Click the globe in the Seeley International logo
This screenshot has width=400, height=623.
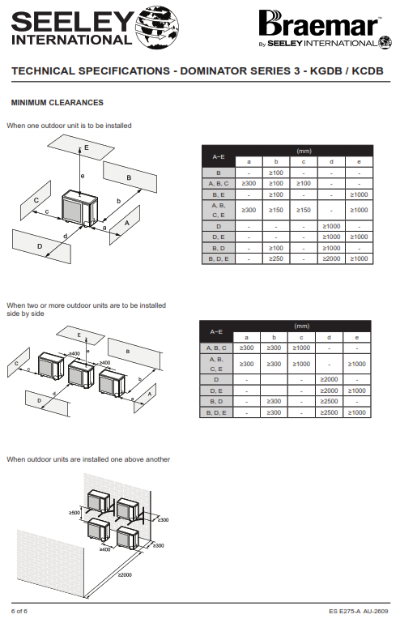[157, 28]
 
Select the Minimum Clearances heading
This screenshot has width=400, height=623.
[57, 103]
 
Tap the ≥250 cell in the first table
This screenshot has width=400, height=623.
[276, 258]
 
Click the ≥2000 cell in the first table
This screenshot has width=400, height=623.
[331, 258]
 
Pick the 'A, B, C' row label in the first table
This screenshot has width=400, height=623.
[219, 184]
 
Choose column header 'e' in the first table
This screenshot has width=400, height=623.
[359, 162]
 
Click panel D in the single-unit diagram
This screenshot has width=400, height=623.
[41, 246]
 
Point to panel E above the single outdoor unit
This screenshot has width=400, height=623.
[81, 147]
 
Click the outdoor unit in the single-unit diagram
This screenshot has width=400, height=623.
[80, 209]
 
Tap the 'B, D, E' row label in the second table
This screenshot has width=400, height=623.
[216, 413]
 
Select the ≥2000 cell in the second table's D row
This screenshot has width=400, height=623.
[329, 379]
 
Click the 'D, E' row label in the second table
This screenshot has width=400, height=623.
[216, 390]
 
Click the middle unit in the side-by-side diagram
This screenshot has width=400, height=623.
[81, 373]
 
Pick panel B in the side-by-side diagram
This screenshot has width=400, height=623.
[134, 353]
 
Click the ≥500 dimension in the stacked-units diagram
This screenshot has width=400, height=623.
[74, 513]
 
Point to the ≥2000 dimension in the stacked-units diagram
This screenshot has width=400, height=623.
[125, 574]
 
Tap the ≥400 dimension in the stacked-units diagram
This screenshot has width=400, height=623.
[105, 549]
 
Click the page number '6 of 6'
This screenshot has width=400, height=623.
[19, 611]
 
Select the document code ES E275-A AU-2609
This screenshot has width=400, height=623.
[358, 611]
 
